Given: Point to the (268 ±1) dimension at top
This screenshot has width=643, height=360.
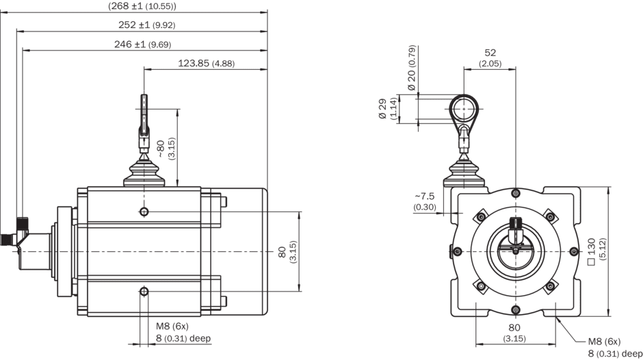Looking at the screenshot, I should click(x=142, y=6).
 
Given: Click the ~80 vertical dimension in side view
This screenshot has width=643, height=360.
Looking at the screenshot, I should click(x=164, y=148).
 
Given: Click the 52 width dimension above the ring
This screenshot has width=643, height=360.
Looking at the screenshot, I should click(x=490, y=57).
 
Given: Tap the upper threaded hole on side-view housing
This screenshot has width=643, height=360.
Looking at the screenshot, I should click(x=144, y=210).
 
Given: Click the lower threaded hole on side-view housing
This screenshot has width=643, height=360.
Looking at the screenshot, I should click(x=144, y=293).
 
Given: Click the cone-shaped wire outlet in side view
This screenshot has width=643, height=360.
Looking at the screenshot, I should click(x=144, y=172).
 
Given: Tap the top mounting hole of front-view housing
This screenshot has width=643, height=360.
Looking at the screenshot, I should click(x=514, y=194).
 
